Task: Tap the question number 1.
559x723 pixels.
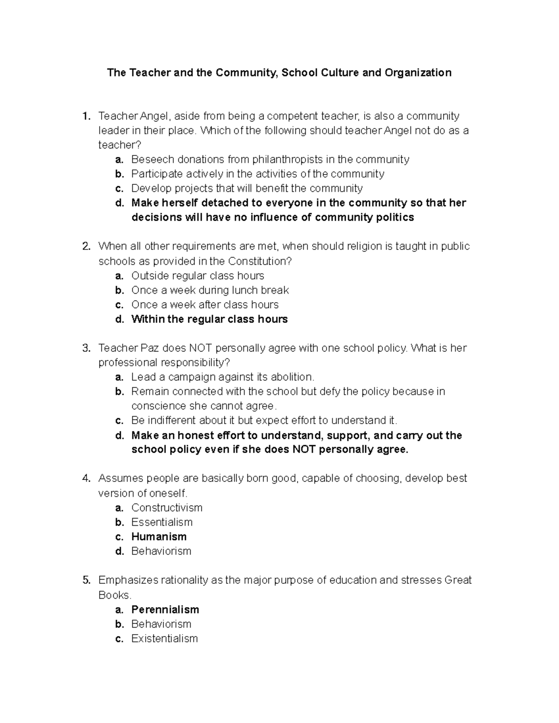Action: (x=85, y=116)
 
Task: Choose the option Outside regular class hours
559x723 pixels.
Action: (x=198, y=276)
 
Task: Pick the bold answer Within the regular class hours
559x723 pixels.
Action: (x=209, y=319)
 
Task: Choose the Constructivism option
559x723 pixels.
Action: (x=167, y=507)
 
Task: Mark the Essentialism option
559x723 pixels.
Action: (x=162, y=522)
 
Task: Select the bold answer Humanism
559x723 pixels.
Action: (x=159, y=537)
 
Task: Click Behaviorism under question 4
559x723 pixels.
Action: (x=161, y=551)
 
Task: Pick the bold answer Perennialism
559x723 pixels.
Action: (x=165, y=609)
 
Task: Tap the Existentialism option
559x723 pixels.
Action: (x=164, y=638)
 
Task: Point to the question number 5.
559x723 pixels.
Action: (x=85, y=580)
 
